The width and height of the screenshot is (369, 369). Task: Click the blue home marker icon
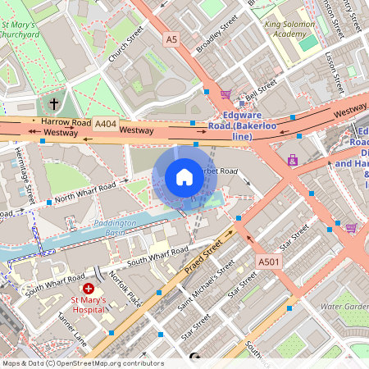coord(184,177)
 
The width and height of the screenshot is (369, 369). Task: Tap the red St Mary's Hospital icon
coord(89,289)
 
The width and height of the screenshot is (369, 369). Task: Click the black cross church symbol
coord(55,104)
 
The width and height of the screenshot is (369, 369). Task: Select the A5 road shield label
coord(171,39)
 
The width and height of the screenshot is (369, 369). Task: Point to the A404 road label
coord(105,123)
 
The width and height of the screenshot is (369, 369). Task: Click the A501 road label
coord(268,262)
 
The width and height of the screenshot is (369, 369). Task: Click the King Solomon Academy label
coord(295,30)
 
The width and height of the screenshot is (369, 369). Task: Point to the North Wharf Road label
coord(86,190)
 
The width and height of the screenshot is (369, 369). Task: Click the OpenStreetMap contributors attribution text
coord(82,363)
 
